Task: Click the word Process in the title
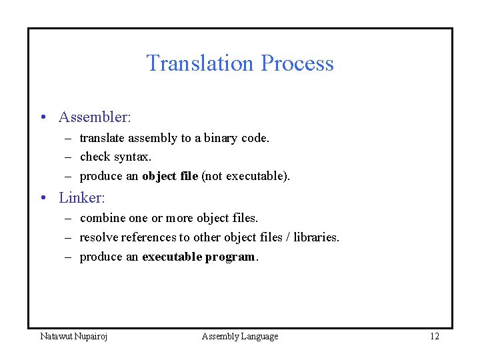pyautogui.click(x=297, y=63)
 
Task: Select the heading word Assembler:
pyautogui.click(x=95, y=117)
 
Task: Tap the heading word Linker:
pyautogui.click(x=82, y=198)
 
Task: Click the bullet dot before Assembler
pyautogui.click(x=43, y=118)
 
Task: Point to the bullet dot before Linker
pyautogui.click(x=43, y=199)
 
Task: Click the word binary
pyautogui.click(x=223, y=138)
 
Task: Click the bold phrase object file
pyautogui.click(x=170, y=177)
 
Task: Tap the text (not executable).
pyautogui.click(x=245, y=177)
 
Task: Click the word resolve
pyautogui.click(x=99, y=237)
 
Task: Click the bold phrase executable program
pyautogui.click(x=199, y=257)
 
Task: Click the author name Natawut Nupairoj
pyautogui.click(x=74, y=336)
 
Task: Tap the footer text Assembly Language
pyautogui.click(x=240, y=336)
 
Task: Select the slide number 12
pyautogui.click(x=435, y=336)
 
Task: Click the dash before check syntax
pyautogui.click(x=69, y=157)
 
